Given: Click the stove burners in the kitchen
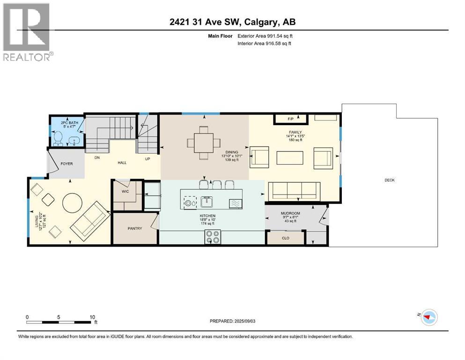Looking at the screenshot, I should (x=212, y=238).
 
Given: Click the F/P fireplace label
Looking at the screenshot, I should (x=290, y=119).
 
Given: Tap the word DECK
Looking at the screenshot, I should (x=390, y=180).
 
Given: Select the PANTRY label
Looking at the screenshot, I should (x=134, y=228).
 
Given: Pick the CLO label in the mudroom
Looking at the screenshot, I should (x=285, y=238).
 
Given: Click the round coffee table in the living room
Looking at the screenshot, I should (x=74, y=203).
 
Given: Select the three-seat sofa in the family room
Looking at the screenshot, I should (x=294, y=191).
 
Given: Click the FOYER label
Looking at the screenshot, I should (x=66, y=165).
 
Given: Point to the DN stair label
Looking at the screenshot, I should (x=97, y=158).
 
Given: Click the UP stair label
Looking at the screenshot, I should (x=147, y=159).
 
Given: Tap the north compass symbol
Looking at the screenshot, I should (x=428, y=317).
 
